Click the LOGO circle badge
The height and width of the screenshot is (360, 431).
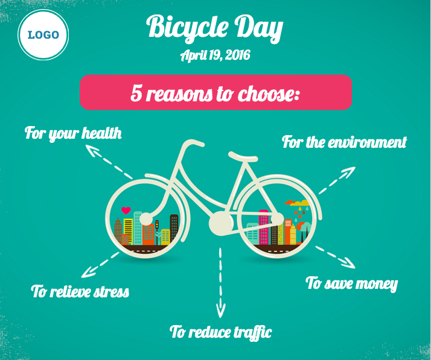[43, 35]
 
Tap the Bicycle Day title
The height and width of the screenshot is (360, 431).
[215, 28]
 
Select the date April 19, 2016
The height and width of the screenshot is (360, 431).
[215, 55]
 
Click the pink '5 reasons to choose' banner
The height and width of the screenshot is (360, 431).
[215, 92]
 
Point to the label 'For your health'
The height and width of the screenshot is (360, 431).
[73, 134]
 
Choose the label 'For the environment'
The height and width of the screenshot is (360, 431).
[345, 142]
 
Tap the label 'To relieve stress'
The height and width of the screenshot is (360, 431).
[80, 291]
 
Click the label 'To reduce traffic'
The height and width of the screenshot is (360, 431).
[221, 332]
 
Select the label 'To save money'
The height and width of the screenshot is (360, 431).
[352, 283]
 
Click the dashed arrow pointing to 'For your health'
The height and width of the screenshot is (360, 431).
[109, 162]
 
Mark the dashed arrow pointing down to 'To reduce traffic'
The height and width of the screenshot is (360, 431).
[220, 283]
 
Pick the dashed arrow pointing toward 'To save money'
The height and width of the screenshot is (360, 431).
[336, 257]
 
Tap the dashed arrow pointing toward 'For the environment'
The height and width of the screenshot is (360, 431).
[337, 180]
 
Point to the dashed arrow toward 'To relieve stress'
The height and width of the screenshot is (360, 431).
[100, 265]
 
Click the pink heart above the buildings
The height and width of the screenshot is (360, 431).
[126, 210]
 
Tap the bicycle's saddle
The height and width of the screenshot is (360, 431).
[243, 157]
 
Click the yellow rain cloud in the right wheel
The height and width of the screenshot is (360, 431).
[300, 203]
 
